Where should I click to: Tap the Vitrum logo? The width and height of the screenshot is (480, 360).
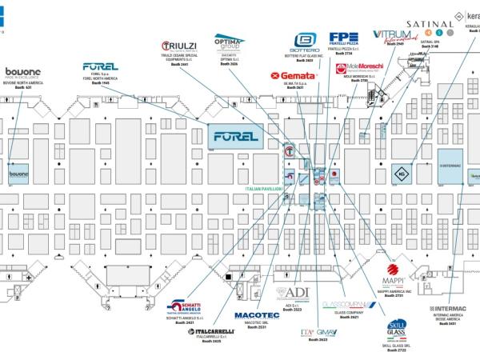click(391, 36)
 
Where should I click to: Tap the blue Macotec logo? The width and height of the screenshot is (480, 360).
click(257, 315)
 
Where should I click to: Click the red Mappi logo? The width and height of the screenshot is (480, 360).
click(394, 273)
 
